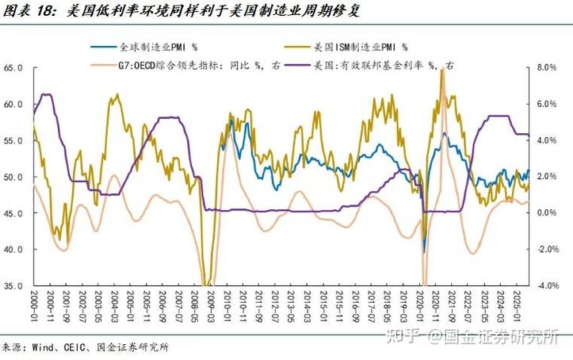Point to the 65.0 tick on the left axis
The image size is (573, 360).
(15, 68)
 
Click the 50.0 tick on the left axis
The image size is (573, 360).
(15, 177)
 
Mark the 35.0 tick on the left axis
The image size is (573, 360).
(15, 285)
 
